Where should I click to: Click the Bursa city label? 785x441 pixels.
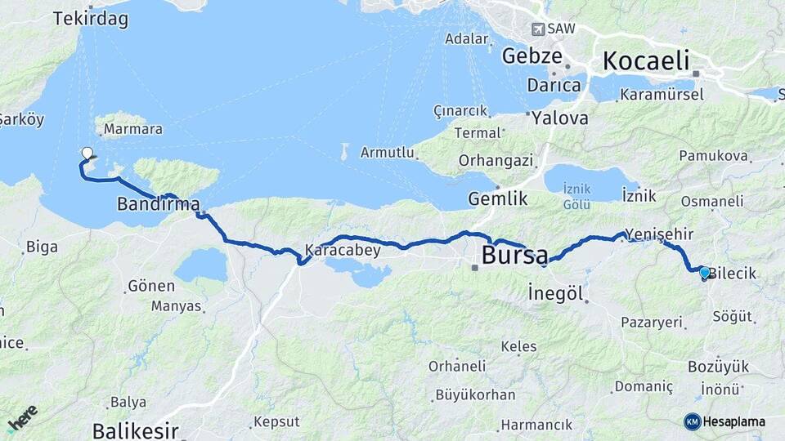point(514,255)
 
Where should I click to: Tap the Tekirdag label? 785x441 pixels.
point(91,19)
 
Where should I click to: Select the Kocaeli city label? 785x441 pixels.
point(646,60)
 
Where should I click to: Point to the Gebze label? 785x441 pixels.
point(532,56)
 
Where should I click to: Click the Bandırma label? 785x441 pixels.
point(158,203)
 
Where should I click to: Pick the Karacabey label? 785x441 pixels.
point(343,250)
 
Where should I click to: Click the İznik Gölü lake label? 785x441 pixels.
point(576,196)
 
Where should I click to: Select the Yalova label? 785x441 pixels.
point(559,118)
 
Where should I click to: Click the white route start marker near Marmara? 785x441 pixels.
point(87,153)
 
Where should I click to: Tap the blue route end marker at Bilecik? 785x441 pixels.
point(705,273)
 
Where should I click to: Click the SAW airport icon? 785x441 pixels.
point(538,29)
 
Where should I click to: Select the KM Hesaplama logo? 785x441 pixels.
point(724,421)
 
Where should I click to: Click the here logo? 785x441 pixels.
point(22,418)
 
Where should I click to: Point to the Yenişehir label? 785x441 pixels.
point(658,234)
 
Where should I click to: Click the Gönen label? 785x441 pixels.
point(151,286)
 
